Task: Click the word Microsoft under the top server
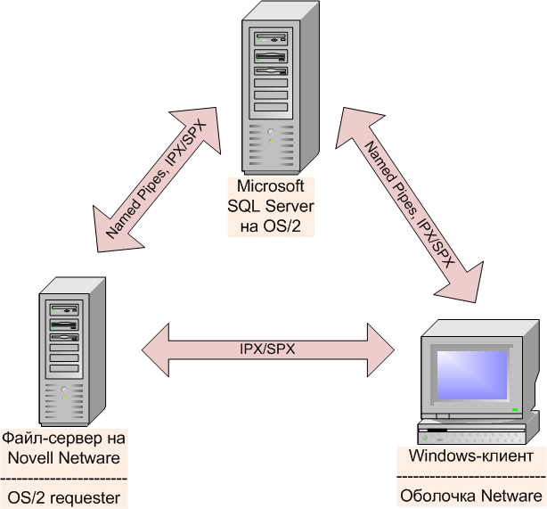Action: click(272, 186)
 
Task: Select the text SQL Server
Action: click(272, 206)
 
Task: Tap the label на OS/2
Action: click(272, 226)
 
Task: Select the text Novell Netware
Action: click(64, 457)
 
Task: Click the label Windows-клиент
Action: click(471, 456)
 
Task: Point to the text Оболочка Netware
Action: click(471, 496)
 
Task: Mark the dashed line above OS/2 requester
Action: click(64, 477)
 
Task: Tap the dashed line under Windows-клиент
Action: click(471, 477)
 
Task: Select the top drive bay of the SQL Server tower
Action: click(273, 39)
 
